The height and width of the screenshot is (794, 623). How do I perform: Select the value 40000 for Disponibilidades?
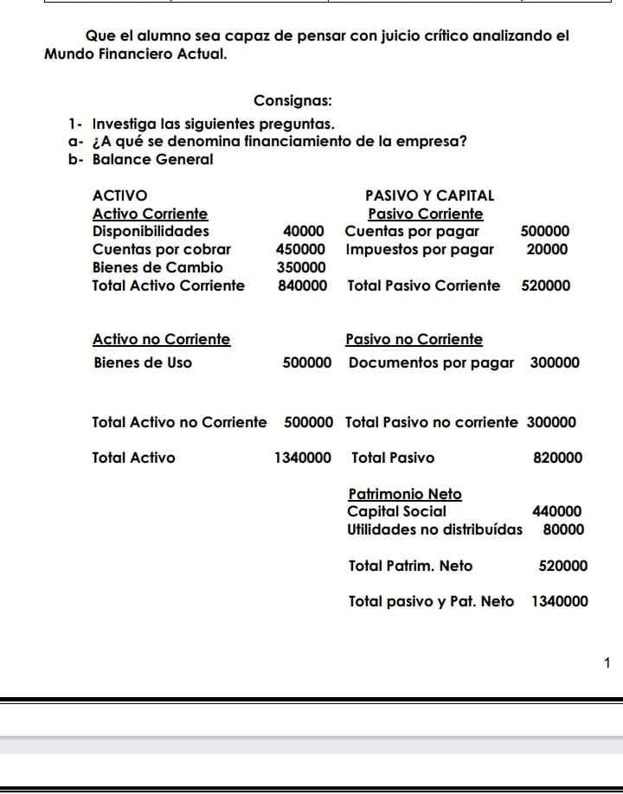click(x=304, y=231)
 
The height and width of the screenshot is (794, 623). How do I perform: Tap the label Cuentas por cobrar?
click(x=161, y=249)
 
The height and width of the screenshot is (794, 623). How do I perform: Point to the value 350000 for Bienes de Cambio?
click(x=302, y=267)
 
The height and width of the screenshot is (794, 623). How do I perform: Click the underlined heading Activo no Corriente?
click(x=161, y=339)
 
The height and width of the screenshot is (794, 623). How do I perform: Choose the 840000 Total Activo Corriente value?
click(x=302, y=285)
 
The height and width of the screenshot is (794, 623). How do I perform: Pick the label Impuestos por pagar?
click(x=420, y=249)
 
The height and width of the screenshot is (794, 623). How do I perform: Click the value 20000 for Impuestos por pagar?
click(x=547, y=249)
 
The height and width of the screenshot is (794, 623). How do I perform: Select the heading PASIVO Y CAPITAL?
click(x=430, y=195)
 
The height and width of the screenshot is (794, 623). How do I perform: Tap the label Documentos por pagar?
click(x=431, y=362)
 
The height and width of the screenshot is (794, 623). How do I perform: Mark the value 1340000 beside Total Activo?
click(x=302, y=458)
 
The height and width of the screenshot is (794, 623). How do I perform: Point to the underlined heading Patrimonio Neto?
click(x=404, y=494)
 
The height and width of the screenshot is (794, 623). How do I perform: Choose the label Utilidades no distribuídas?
click(x=434, y=529)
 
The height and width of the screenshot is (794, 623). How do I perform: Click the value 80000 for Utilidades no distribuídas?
click(x=562, y=529)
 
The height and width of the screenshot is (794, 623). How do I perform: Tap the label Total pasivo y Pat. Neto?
click(x=431, y=601)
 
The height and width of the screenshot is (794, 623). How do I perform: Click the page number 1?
click(x=607, y=663)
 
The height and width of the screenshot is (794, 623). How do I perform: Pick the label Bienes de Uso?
click(x=143, y=362)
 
